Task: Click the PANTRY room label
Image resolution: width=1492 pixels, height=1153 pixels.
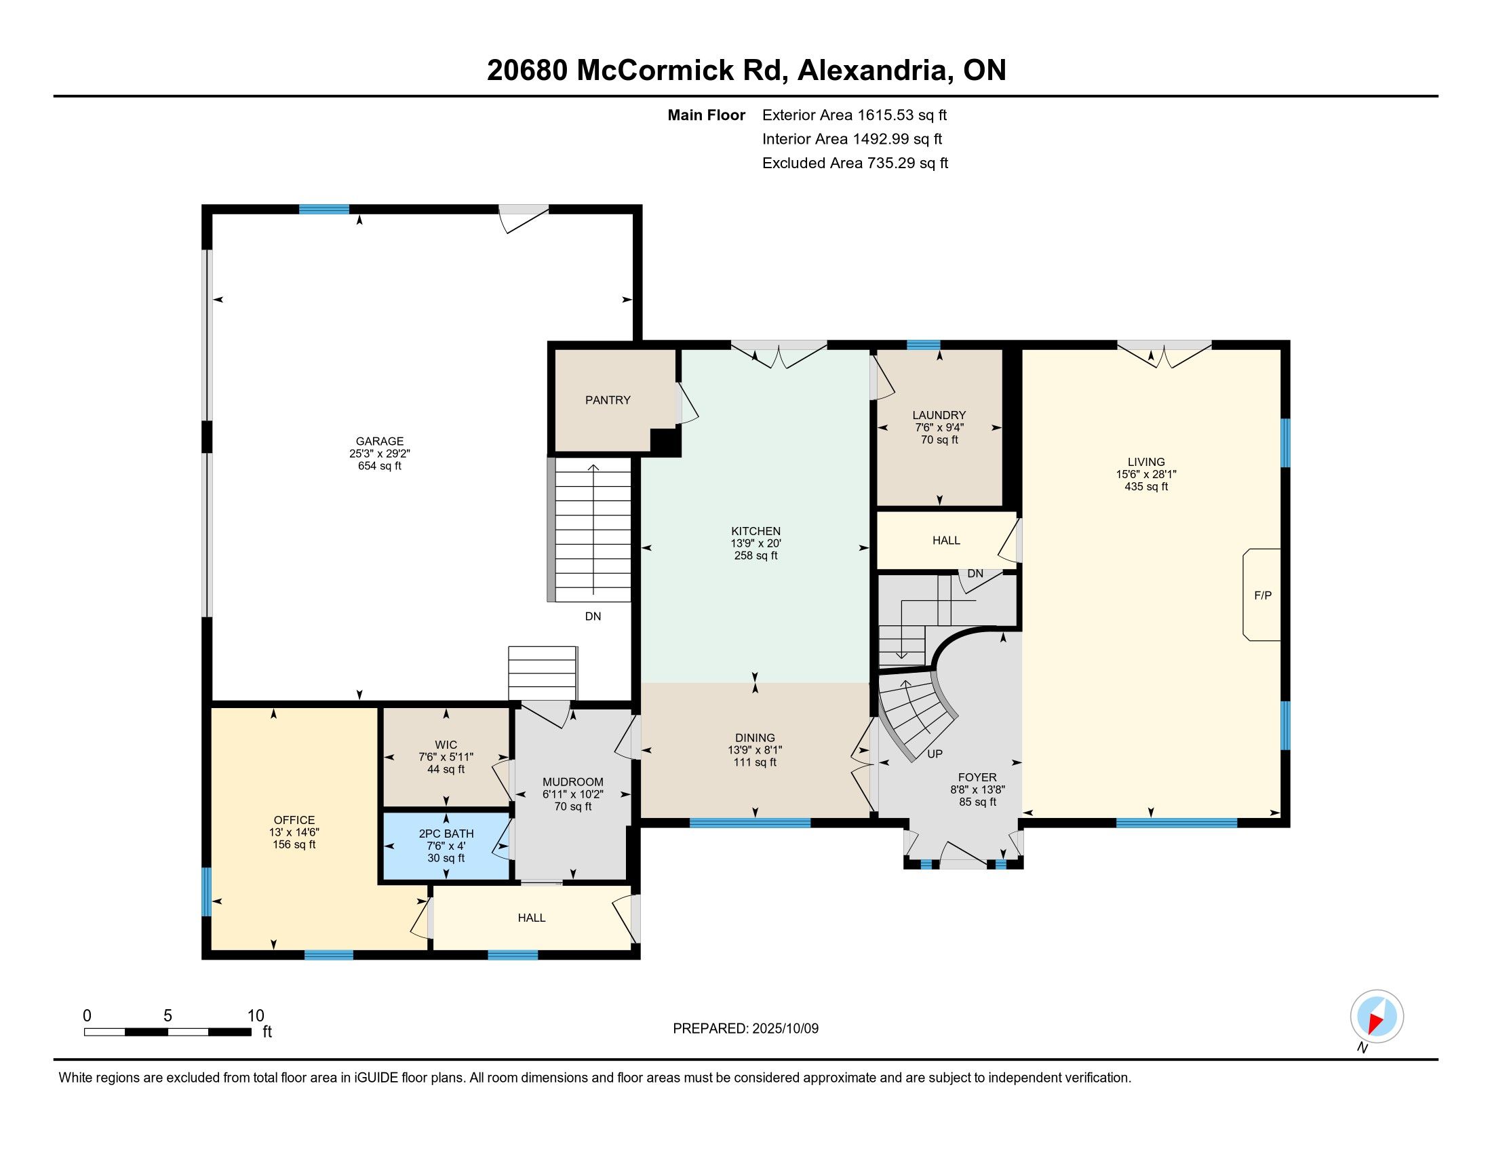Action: [608, 400]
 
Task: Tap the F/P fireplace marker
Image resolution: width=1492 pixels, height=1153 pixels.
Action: [1263, 595]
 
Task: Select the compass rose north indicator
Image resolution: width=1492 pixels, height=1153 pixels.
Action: [1377, 1017]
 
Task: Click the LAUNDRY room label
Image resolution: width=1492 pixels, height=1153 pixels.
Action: [939, 415]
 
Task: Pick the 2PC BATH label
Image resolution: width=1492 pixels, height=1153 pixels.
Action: [446, 834]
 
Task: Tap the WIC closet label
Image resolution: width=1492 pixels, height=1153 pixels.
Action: [446, 745]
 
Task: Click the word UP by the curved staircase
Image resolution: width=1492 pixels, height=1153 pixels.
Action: [935, 754]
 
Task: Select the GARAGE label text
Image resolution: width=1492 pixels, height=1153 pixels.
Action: [379, 442]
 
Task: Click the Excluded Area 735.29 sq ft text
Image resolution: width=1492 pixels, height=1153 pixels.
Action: [855, 163]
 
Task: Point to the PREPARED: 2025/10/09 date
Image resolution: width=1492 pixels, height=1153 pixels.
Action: [745, 1029]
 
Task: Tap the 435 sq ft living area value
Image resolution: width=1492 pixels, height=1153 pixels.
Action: [1145, 487]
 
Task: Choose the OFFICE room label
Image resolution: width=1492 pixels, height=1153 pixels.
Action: [294, 821]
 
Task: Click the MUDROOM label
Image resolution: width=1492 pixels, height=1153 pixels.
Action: [572, 782]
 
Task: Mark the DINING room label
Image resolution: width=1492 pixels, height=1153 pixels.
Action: [755, 738]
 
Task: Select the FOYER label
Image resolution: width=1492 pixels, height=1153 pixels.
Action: [977, 777]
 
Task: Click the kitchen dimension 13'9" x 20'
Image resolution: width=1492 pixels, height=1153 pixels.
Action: [755, 544]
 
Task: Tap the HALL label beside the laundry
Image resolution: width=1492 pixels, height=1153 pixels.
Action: [946, 541]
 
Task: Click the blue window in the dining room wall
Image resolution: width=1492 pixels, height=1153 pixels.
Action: [750, 823]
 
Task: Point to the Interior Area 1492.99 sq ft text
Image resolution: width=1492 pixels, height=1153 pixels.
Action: [852, 139]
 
